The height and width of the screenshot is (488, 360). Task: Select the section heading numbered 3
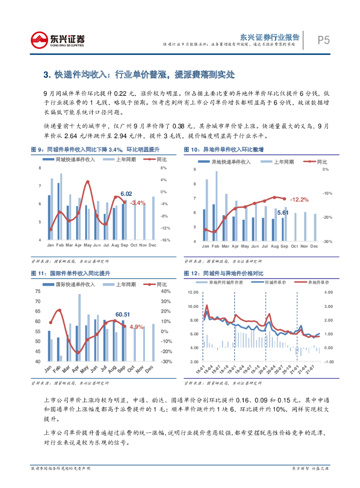click(139, 75)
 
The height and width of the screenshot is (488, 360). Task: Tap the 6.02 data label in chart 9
click(126, 193)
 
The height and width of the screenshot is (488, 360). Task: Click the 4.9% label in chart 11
click(136, 327)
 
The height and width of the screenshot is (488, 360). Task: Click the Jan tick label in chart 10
click(206, 246)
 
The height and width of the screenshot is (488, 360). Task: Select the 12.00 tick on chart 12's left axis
click(193, 292)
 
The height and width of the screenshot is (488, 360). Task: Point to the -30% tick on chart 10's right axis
click(327, 242)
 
